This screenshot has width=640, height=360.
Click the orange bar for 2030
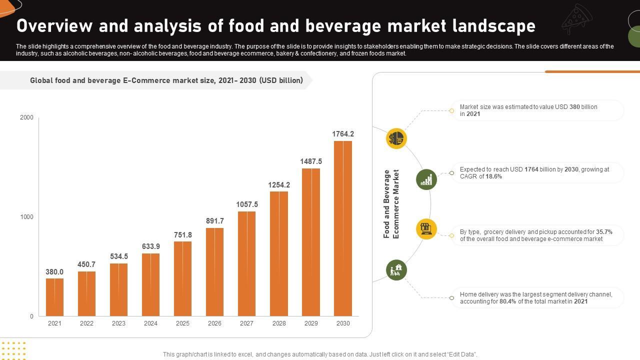pyautogui.click(x=343, y=228)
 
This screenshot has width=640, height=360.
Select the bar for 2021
pyautogui.click(x=54, y=297)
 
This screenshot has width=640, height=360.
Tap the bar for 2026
pyautogui.click(x=214, y=272)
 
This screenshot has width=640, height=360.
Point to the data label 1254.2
pyautogui.click(x=279, y=185)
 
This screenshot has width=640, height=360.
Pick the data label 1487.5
pyautogui.click(x=311, y=161)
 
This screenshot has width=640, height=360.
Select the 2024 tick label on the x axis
pyautogui.click(x=150, y=323)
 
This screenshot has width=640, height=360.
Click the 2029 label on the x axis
pyautogui.click(x=311, y=323)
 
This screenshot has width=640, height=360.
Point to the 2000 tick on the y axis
pyautogui.click(x=26, y=117)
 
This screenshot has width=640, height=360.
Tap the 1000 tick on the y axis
pyautogui.click(x=26, y=217)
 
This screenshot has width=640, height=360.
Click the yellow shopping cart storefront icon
pyautogui.click(x=426, y=229)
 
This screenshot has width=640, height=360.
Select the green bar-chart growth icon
pyautogui.click(x=426, y=179)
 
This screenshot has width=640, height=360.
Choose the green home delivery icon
pyautogui.click(x=396, y=270)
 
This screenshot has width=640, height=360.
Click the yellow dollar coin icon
pyautogui.click(x=396, y=138)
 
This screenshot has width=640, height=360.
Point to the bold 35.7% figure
pyautogui.click(x=604, y=232)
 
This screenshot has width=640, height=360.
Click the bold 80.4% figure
pyautogui.click(x=507, y=301)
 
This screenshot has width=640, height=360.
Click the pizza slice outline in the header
pyautogui.click(x=577, y=18)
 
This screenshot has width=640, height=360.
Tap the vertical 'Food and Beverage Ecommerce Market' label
pyautogui.click(x=391, y=204)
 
